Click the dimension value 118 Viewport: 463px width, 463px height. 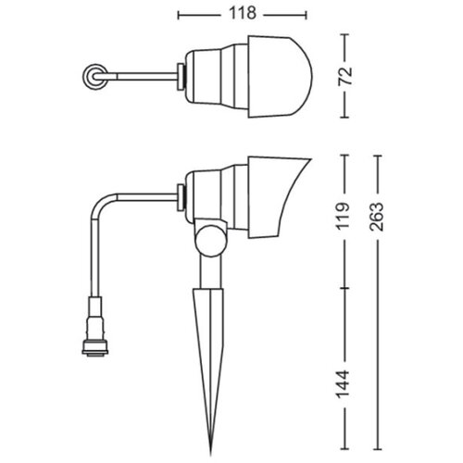pyautogui.click(x=243, y=14)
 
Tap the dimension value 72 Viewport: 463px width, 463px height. pyautogui.click(x=345, y=76)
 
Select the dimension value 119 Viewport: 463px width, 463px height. pyautogui.click(x=344, y=216)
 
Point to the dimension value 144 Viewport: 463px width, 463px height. pyautogui.click(x=344, y=384)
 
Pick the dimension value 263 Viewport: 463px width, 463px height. pyautogui.click(x=377, y=217)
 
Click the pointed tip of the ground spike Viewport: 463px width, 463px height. pyautogui.click(x=211, y=455)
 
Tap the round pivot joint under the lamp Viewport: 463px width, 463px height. pyautogui.click(x=210, y=240)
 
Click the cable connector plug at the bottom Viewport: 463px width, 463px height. pyautogui.click(x=95, y=326)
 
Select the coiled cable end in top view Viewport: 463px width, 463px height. pyautogui.click(x=94, y=77)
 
